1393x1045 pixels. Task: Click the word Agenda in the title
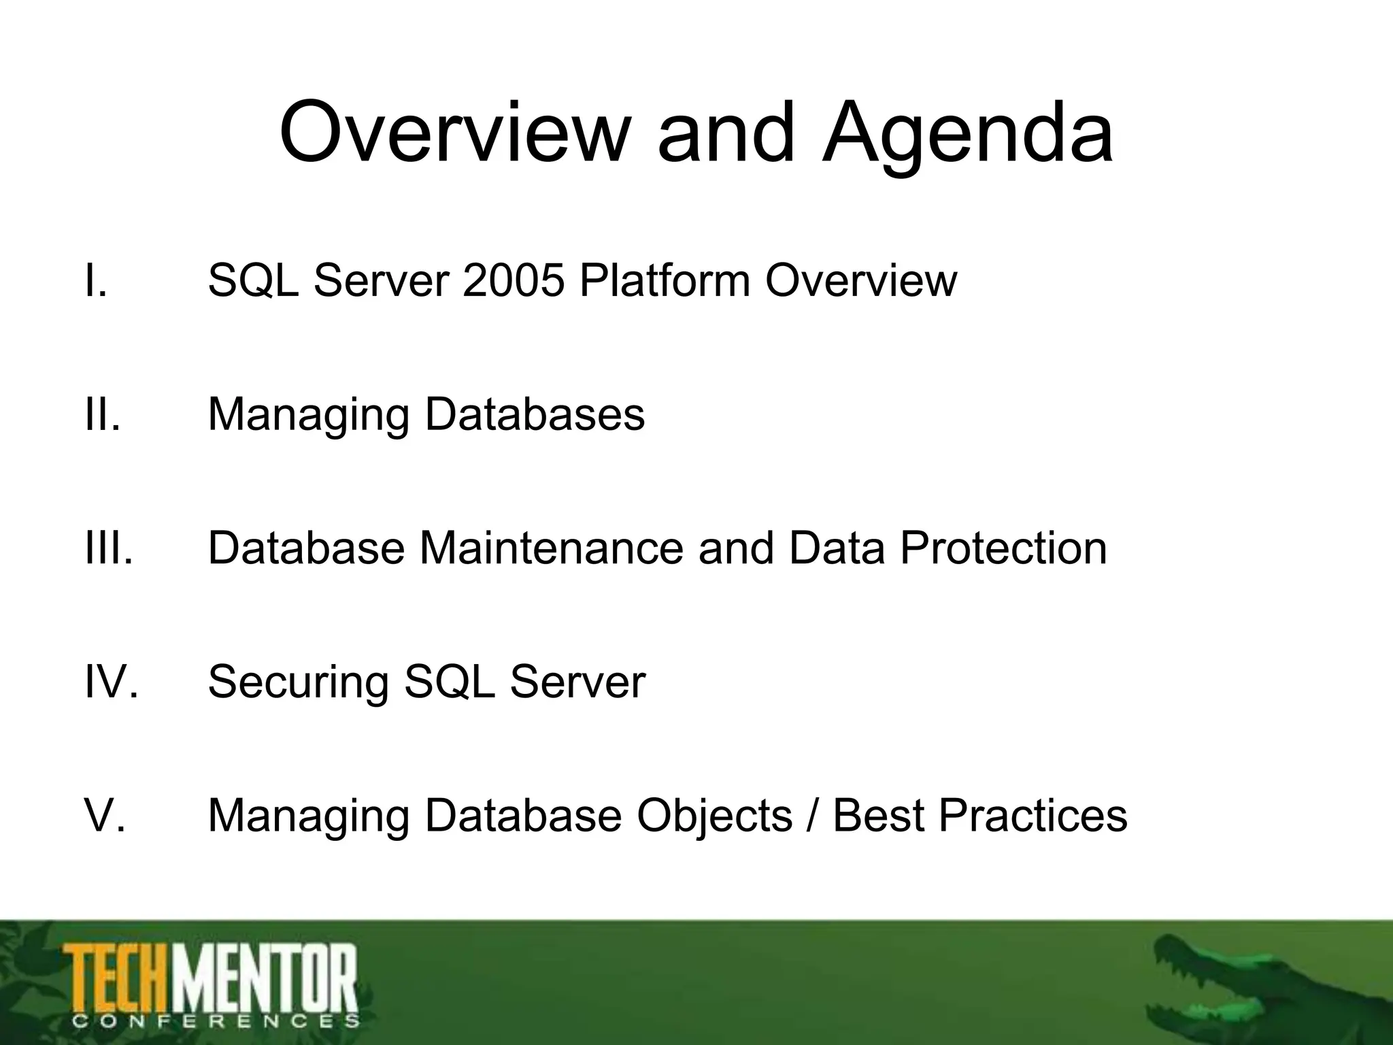click(967, 135)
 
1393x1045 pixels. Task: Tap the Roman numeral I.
click(95, 280)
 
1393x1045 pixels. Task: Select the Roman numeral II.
click(102, 414)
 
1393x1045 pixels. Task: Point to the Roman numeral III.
click(109, 548)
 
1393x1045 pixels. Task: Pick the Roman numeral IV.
click(111, 681)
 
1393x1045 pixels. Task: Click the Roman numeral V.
click(105, 815)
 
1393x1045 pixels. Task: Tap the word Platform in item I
click(665, 280)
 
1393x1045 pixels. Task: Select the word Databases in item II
click(535, 414)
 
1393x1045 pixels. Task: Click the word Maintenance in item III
click(551, 548)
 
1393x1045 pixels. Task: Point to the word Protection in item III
click(1003, 548)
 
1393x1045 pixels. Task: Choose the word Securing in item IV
click(298, 682)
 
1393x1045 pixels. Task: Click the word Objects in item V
click(714, 815)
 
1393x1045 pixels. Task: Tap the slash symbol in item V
click(812, 815)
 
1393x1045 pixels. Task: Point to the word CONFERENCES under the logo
click(215, 1020)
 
